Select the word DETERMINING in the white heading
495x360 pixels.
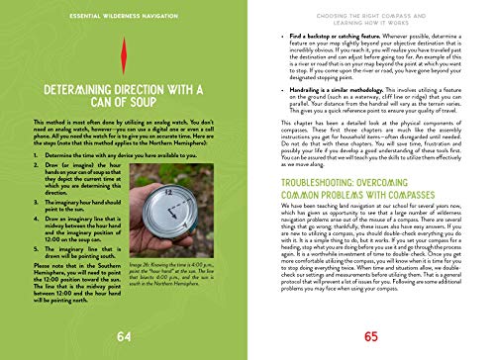coord(79,94)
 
